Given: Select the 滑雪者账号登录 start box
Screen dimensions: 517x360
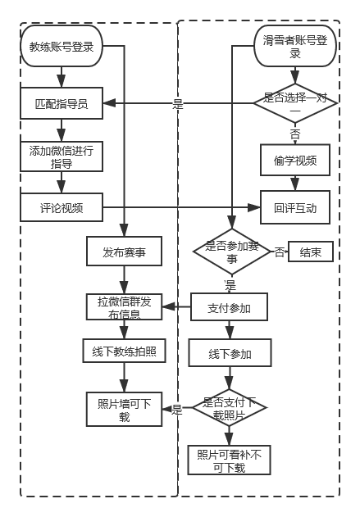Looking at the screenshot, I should pos(295,47).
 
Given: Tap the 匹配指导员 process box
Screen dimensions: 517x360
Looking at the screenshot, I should pos(62,104).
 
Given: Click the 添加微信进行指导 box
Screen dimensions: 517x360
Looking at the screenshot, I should pos(62,156).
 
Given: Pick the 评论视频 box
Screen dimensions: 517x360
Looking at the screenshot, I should pos(62,208).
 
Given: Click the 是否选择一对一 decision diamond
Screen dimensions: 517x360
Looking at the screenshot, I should pos(295,103).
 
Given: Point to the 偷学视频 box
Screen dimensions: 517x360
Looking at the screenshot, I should pos(295,161).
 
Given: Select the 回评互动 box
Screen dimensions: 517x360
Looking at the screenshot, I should pos(295,208).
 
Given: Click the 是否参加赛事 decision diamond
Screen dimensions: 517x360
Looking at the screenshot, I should pos(231,252).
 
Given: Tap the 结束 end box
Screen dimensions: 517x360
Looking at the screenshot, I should pos(311,252).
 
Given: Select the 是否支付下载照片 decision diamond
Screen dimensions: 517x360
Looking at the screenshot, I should pos(230,409).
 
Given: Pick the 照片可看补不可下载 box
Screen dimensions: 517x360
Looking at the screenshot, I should pos(230,460).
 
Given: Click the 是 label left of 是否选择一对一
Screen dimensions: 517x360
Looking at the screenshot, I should pos(178,104).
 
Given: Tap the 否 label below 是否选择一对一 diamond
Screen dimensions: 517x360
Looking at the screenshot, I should pos(294,134).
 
